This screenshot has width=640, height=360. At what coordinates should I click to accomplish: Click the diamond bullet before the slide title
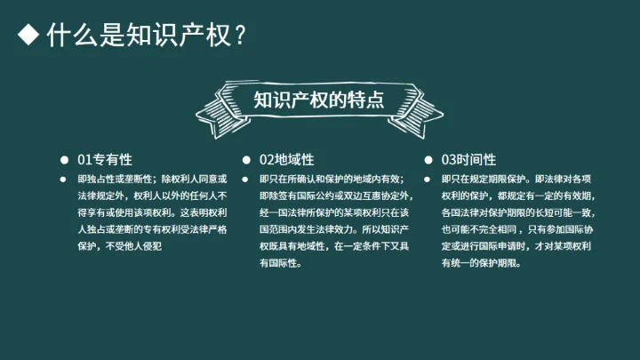pos(29,36)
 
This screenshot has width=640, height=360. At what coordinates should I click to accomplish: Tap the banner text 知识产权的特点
pos(319,99)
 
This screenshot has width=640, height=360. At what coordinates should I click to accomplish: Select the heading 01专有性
pos(105,160)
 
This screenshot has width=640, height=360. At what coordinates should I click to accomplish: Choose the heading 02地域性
pos(287,160)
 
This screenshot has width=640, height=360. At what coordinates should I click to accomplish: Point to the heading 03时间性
pos(468,160)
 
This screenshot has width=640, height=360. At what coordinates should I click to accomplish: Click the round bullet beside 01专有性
pos(64,160)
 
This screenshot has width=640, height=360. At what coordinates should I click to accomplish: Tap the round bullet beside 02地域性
pos(245,160)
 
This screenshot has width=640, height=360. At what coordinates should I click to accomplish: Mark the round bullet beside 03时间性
pos(428,160)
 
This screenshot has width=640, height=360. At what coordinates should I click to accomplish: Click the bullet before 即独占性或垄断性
pos(64,179)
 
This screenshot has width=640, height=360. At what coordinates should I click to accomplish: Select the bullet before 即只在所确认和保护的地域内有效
pos(245,179)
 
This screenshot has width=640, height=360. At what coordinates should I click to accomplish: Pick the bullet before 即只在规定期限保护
pos(428,179)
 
